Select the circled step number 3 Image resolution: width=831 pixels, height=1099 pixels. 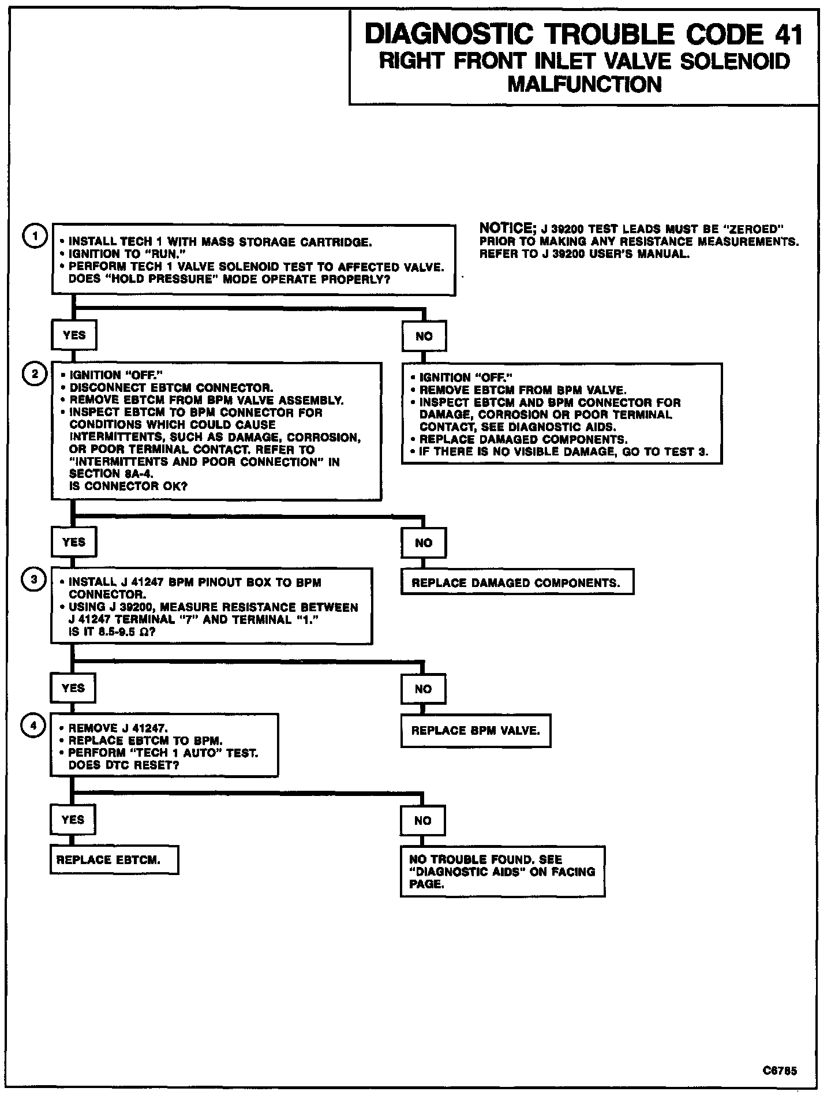pyautogui.click(x=34, y=580)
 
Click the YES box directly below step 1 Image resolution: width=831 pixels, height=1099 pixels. pyautogui.click(x=74, y=335)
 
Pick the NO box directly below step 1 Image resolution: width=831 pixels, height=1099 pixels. pyautogui.click(x=424, y=337)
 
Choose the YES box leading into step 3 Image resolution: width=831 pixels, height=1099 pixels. pyautogui.click(x=73, y=543)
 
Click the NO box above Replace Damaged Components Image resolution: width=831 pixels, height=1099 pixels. pyautogui.click(x=424, y=543)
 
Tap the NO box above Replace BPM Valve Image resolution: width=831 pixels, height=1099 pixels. pyautogui.click(x=423, y=689)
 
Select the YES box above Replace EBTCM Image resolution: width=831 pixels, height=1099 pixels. pyautogui.click(x=73, y=820)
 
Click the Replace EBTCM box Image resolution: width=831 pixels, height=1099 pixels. pyautogui.click(x=114, y=860)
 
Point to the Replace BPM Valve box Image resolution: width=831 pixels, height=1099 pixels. pyautogui.click(x=476, y=731)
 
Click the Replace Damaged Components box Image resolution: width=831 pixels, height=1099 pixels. pyautogui.click(x=517, y=583)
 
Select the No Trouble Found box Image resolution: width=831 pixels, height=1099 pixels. pyautogui.click(x=502, y=871)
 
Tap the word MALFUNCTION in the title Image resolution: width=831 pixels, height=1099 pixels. pyautogui.click(x=584, y=85)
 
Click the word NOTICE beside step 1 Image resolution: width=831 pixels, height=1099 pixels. pyautogui.click(x=506, y=228)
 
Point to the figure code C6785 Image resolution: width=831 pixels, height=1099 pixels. pyautogui.click(x=780, y=1070)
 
